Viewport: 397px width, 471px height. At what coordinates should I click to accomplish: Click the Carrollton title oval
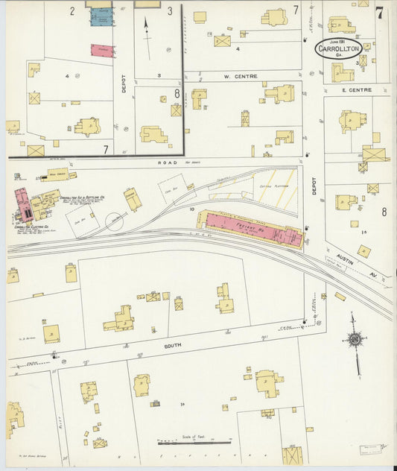point(339,48)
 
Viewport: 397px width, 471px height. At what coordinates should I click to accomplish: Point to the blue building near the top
point(101,17)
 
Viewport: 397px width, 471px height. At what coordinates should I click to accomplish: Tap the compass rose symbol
point(355,341)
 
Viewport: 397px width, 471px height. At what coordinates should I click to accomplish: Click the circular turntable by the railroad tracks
point(115,221)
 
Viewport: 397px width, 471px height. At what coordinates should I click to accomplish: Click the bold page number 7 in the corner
point(379,13)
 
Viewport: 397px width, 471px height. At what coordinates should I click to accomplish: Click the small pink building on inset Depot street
point(102,50)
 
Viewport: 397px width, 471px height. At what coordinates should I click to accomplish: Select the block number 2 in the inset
point(72,11)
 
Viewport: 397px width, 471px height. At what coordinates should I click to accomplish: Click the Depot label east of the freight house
point(314,189)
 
